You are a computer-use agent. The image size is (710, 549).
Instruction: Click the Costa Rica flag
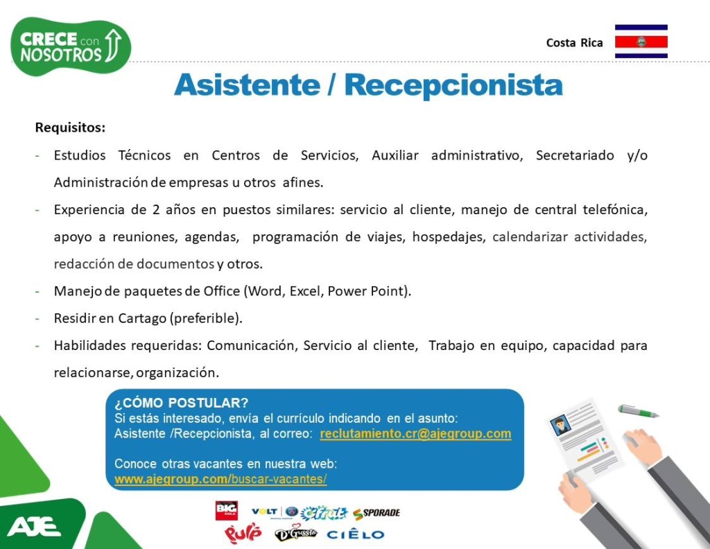click(x=641, y=41)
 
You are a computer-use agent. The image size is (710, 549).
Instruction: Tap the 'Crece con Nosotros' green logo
click(x=71, y=46)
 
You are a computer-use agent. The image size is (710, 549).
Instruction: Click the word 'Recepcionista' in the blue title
click(x=453, y=85)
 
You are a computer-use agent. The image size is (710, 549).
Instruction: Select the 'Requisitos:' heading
click(x=70, y=127)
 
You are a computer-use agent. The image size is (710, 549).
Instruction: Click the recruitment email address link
click(x=415, y=434)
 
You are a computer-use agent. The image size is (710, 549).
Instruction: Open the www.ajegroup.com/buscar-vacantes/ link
click(x=220, y=479)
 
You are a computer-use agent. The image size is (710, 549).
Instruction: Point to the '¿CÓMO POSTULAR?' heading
click(x=181, y=403)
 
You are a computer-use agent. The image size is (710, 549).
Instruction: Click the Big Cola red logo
click(x=227, y=511)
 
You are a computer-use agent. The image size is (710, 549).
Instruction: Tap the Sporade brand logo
click(x=376, y=513)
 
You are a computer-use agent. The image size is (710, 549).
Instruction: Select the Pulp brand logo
click(x=243, y=533)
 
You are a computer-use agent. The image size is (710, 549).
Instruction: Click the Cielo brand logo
click(x=355, y=534)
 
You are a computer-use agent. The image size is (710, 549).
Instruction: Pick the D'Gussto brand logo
click(x=295, y=533)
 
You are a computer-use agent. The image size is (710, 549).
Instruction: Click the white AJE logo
click(x=33, y=526)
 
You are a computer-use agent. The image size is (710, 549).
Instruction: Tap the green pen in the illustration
click(x=639, y=410)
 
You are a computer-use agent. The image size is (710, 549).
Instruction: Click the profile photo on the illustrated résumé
click(x=560, y=425)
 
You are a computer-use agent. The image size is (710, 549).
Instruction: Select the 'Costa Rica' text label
click(x=574, y=42)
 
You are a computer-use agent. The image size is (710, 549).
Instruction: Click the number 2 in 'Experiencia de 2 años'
click(x=156, y=210)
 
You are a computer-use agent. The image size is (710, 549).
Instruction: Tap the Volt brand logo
click(x=264, y=511)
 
